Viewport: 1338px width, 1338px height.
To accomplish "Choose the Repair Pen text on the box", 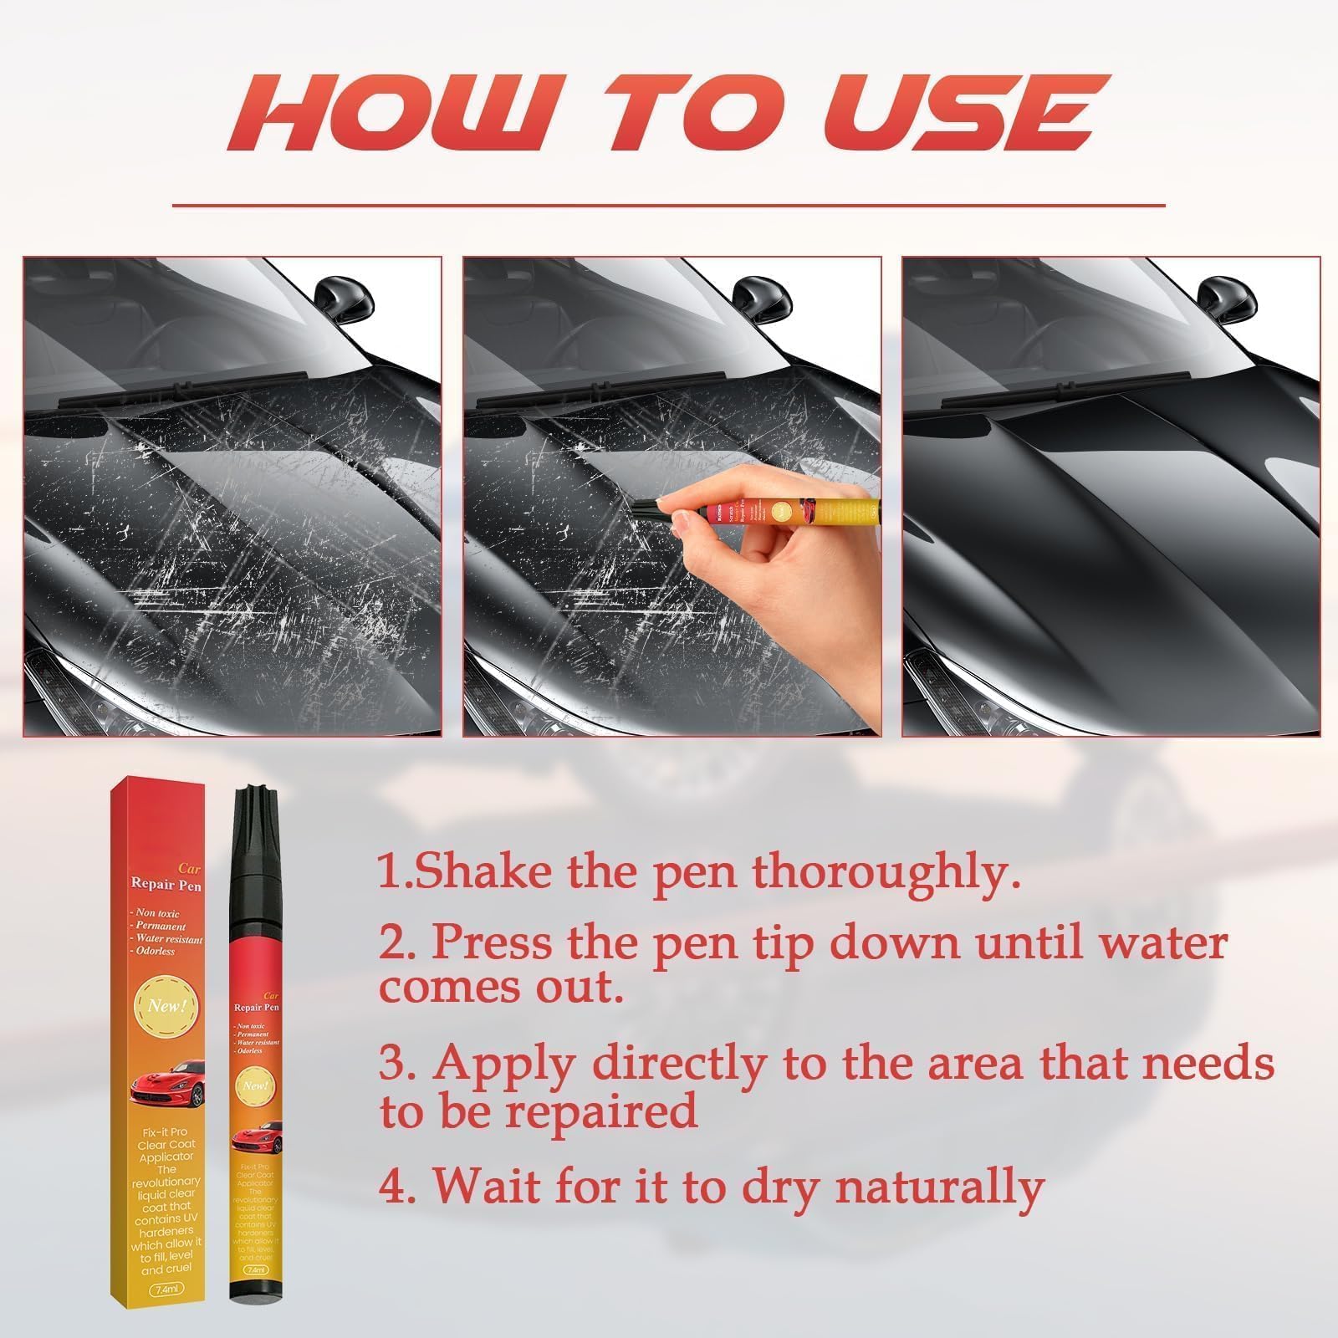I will [166, 884].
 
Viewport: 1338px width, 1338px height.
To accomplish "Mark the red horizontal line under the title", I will [668, 204].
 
